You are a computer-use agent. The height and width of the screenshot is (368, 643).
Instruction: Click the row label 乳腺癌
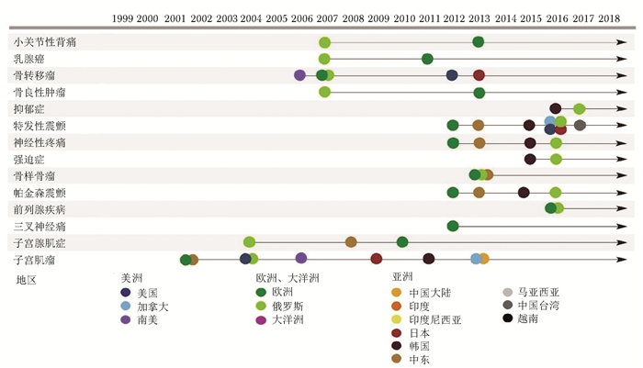28,59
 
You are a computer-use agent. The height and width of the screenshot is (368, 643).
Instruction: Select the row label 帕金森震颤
39,193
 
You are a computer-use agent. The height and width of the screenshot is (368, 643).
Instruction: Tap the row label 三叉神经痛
39,226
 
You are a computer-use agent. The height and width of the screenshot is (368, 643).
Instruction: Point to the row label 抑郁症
28,109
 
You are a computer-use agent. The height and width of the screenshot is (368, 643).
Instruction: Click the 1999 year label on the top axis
122,18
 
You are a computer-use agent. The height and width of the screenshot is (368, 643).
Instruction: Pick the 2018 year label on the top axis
609,18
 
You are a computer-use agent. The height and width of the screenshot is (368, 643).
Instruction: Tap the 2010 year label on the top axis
404,18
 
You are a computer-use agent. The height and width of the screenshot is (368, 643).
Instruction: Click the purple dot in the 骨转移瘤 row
299,75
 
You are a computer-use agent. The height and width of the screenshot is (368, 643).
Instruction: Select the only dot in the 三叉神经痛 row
453,226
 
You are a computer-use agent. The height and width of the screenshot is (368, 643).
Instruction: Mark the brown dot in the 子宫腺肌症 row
351,242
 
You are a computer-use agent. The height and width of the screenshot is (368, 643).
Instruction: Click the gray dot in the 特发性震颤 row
580,125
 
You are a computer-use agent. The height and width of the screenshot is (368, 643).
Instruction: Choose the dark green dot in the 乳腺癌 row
427,59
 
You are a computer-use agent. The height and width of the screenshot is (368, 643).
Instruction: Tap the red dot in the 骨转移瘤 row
479,75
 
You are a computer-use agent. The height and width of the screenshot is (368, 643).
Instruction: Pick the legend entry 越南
528,318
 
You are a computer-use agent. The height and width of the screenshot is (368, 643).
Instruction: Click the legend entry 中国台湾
540,305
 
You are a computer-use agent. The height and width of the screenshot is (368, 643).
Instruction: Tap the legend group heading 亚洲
402,277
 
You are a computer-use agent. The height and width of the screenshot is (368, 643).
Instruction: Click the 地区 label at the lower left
26,280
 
